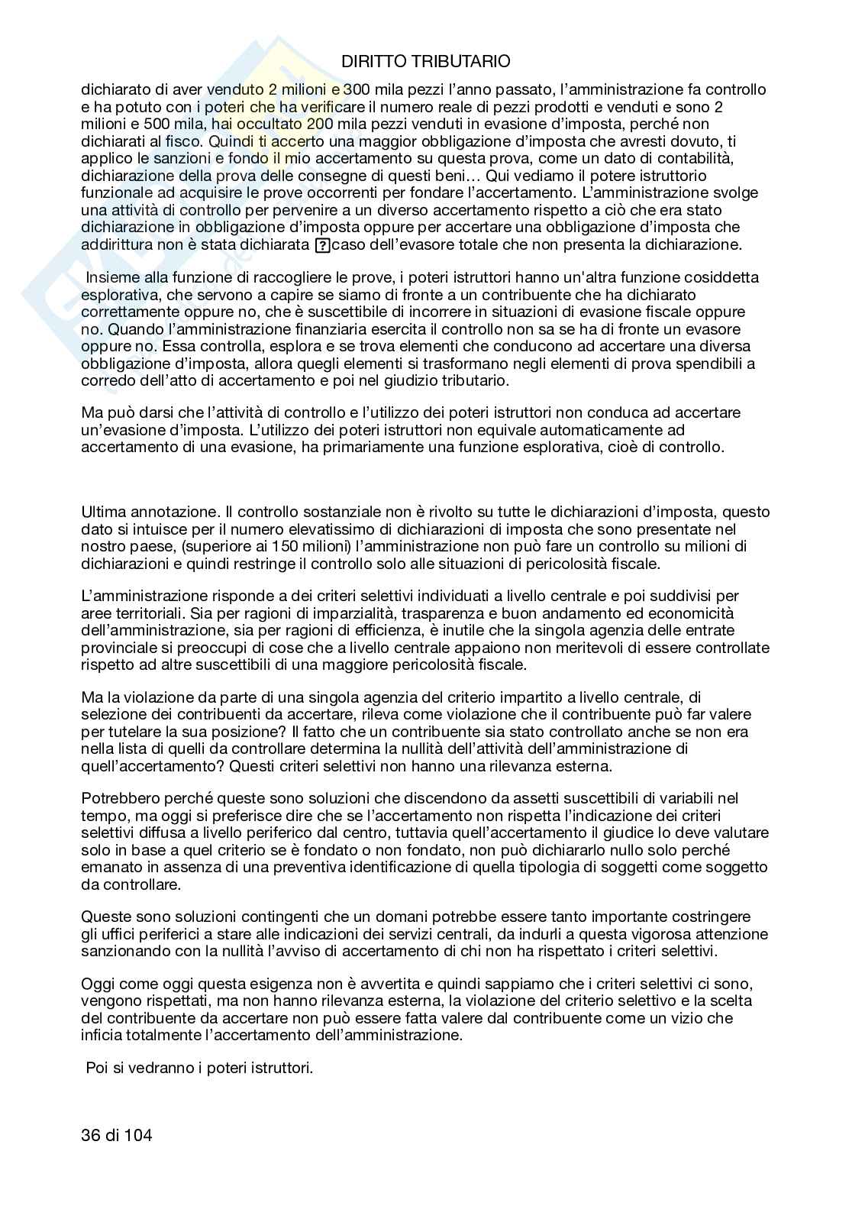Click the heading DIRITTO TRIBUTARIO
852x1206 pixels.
pyautogui.click(x=425, y=62)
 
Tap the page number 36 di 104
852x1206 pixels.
pyautogui.click(x=117, y=1136)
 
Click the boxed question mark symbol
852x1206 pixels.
pyautogui.click(x=322, y=245)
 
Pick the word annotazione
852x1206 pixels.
pyautogui.click(x=167, y=512)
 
